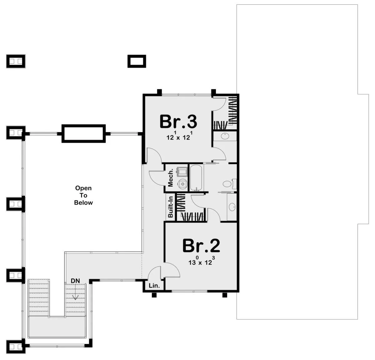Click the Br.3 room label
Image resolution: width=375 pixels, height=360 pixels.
(x=178, y=122)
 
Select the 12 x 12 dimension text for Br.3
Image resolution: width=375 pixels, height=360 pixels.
(x=178, y=136)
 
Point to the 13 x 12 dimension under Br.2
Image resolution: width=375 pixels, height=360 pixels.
(x=201, y=261)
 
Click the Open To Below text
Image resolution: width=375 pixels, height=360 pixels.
(x=83, y=195)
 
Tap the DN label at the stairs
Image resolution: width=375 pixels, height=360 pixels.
(x=75, y=281)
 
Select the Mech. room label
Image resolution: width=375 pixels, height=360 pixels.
(x=171, y=178)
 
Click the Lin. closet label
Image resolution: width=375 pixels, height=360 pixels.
(x=154, y=286)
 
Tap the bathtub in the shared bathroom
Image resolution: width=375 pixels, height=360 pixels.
(x=196, y=178)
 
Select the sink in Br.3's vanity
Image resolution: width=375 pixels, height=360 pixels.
(x=225, y=136)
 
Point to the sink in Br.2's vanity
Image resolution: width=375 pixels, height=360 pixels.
(x=232, y=207)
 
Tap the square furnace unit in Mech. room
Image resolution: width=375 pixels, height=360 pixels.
(x=182, y=172)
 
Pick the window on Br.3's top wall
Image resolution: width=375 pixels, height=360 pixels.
(x=186, y=95)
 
